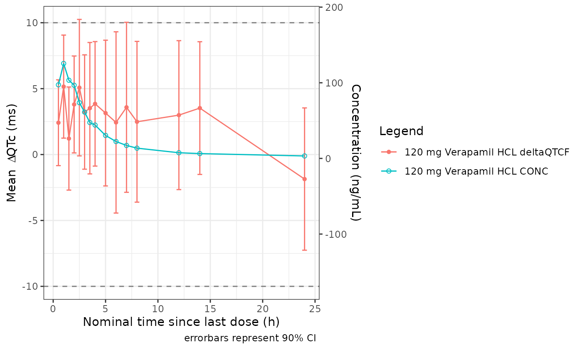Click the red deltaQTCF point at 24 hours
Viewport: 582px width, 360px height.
tap(304, 179)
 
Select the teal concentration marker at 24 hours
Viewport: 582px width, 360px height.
tap(304, 156)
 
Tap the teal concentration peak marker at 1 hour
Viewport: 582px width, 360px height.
tap(64, 64)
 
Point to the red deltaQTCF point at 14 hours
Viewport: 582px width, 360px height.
tap(200, 108)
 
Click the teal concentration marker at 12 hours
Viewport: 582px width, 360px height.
tap(179, 153)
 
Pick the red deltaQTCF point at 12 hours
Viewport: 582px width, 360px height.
tap(179, 115)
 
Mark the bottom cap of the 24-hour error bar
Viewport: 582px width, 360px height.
tap(304, 250)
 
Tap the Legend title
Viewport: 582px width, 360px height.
tap(401, 131)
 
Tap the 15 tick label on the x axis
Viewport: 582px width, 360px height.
tap(210, 309)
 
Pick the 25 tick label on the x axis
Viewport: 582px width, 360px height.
tap(315, 309)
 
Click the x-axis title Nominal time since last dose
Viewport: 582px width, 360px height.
tap(181, 322)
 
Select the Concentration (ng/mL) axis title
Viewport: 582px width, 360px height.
tap(356, 152)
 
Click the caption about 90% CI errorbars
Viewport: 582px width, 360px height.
tap(250, 338)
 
